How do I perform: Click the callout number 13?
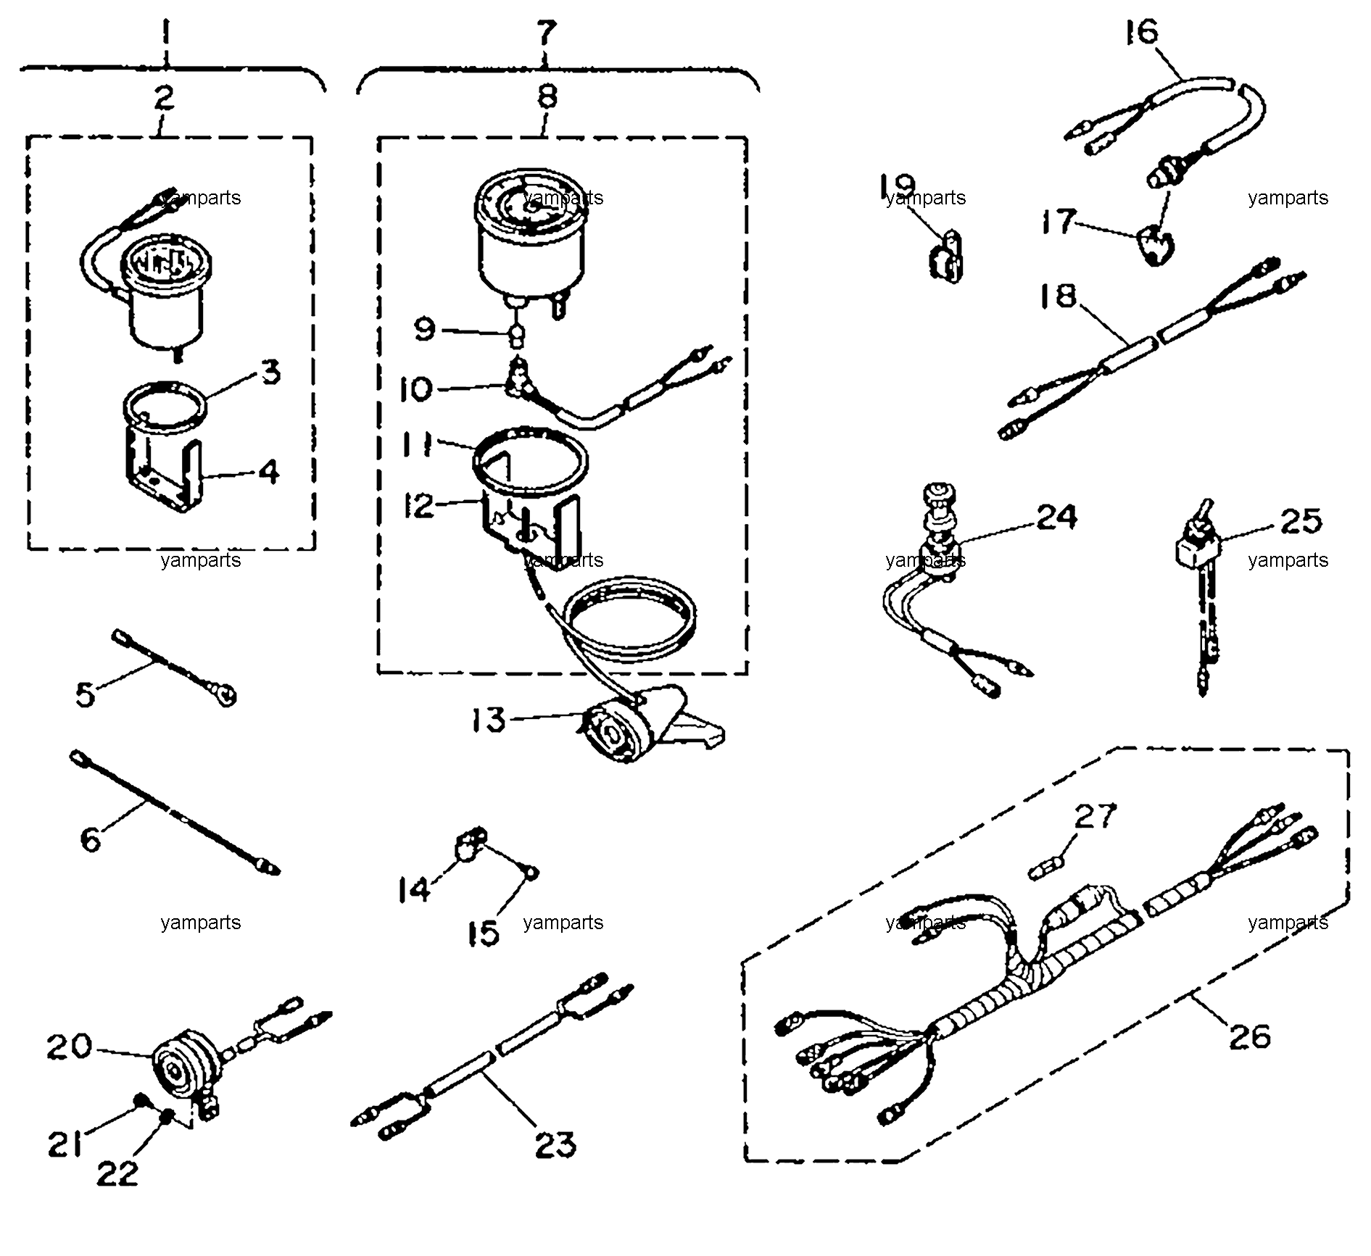click(x=488, y=720)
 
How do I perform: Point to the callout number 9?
click(x=424, y=330)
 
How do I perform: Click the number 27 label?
click(x=1095, y=817)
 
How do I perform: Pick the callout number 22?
click(x=117, y=1174)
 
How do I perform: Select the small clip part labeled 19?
click(x=945, y=255)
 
